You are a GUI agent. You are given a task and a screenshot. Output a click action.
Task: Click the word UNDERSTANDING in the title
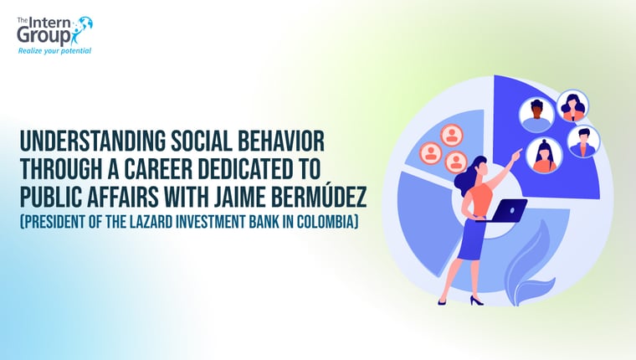tap(93, 141)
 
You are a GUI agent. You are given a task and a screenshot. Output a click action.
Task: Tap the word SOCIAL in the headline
tap(201, 141)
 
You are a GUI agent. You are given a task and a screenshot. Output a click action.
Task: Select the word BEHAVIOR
tap(280, 141)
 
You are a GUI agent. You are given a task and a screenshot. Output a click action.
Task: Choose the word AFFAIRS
tap(128, 197)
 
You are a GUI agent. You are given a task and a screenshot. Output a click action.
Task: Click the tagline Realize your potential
tap(54, 51)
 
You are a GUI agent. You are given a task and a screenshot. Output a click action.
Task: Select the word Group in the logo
tap(44, 36)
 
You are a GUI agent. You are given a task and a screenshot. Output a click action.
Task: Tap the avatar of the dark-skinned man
tap(536, 114)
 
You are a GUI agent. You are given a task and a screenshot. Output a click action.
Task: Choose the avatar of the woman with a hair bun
tap(544, 156)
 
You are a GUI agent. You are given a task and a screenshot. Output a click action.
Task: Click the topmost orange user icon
tap(451, 135)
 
